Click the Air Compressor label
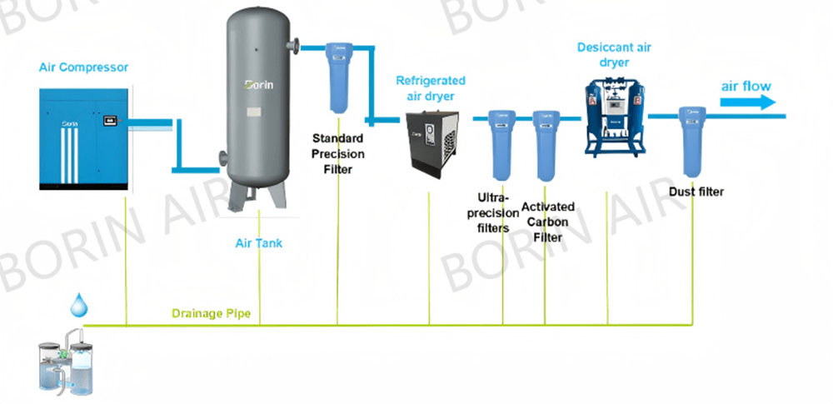83,67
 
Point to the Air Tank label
258,243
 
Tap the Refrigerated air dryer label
430,87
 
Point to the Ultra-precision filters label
498,212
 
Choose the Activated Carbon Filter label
547,222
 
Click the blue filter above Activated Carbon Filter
545,145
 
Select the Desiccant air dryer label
614,54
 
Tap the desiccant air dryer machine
615,116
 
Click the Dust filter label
696,192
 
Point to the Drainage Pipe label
216,314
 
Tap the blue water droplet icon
77,306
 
